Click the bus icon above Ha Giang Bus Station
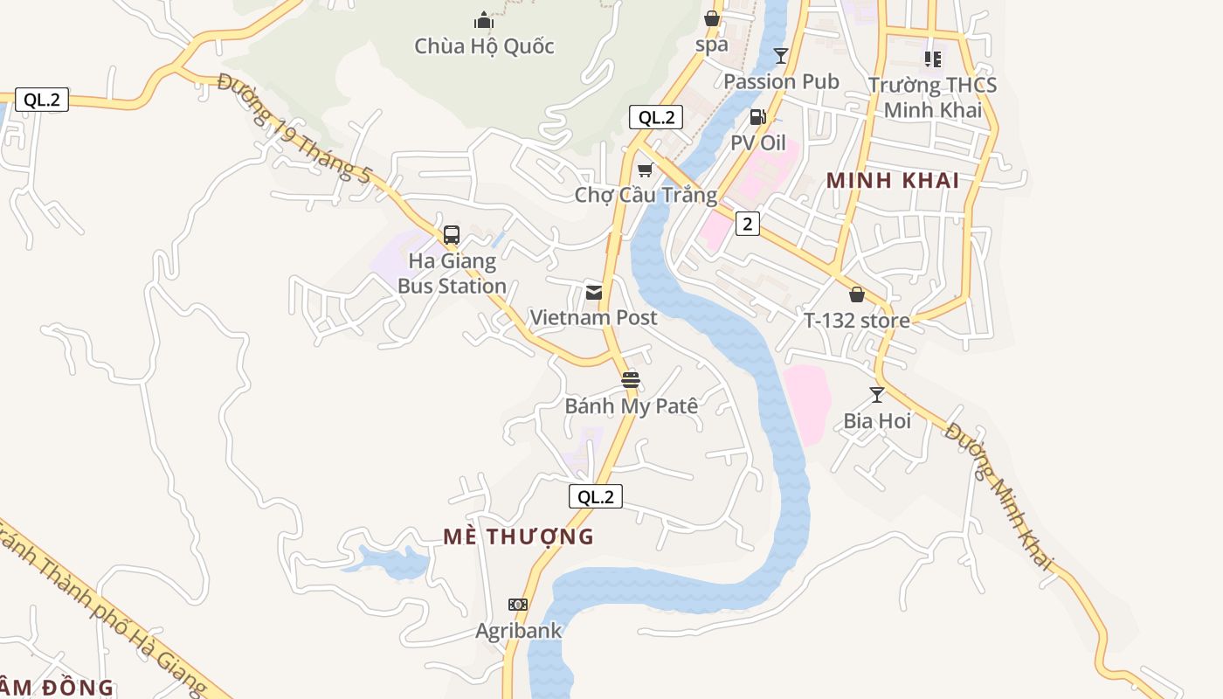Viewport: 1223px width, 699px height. point(452,234)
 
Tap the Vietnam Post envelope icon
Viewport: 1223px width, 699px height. point(594,292)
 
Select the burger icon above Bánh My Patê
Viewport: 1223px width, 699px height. point(631,380)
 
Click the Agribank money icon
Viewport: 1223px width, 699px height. point(518,605)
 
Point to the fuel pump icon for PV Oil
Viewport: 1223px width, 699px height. point(758,117)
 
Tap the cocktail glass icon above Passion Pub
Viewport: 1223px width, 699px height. point(781,56)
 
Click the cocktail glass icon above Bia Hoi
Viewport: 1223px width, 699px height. point(877,395)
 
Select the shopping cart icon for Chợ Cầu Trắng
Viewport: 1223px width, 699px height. point(645,170)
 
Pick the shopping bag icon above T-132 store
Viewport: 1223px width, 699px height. point(857,294)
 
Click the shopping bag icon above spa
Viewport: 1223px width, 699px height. point(712,18)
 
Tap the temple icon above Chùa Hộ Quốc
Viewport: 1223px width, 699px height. point(484,20)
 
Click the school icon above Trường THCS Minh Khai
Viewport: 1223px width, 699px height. point(933,59)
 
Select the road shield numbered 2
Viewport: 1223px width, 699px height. point(747,224)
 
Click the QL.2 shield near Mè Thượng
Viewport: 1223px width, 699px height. point(596,497)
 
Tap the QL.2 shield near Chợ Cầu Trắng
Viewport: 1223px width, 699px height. point(656,117)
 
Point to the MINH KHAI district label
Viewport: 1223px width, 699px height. point(893,181)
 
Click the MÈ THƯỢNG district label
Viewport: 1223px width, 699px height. point(518,536)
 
